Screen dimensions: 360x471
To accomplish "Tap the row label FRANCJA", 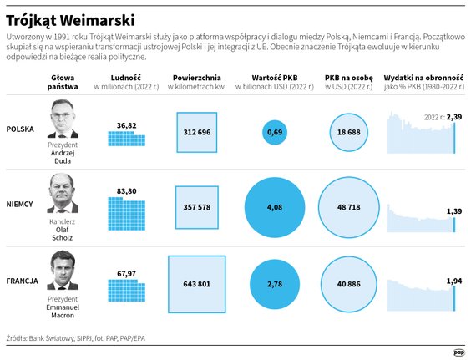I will pyautogui.click(x=23, y=280).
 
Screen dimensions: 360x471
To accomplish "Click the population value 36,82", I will pyautogui.click(x=126, y=125).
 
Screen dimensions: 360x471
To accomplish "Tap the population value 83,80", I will pyautogui.click(x=126, y=191).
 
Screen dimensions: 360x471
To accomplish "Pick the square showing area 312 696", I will pyautogui.click(x=197, y=133).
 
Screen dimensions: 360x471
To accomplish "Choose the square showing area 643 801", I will pyautogui.click(x=197, y=284).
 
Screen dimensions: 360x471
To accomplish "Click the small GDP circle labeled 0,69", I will pyautogui.click(x=275, y=133).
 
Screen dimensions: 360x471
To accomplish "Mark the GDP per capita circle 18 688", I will pyautogui.click(x=348, y=133).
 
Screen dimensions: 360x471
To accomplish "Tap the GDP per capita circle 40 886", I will pyautogui.click(x=348, y=284).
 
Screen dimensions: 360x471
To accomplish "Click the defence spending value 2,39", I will pyautogui.click(x=454, y=117).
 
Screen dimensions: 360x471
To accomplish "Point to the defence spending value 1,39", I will pyautogui.click(x=454, y=212).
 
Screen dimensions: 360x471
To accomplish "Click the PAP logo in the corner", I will pyautogui.click(x=458, y=352).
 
